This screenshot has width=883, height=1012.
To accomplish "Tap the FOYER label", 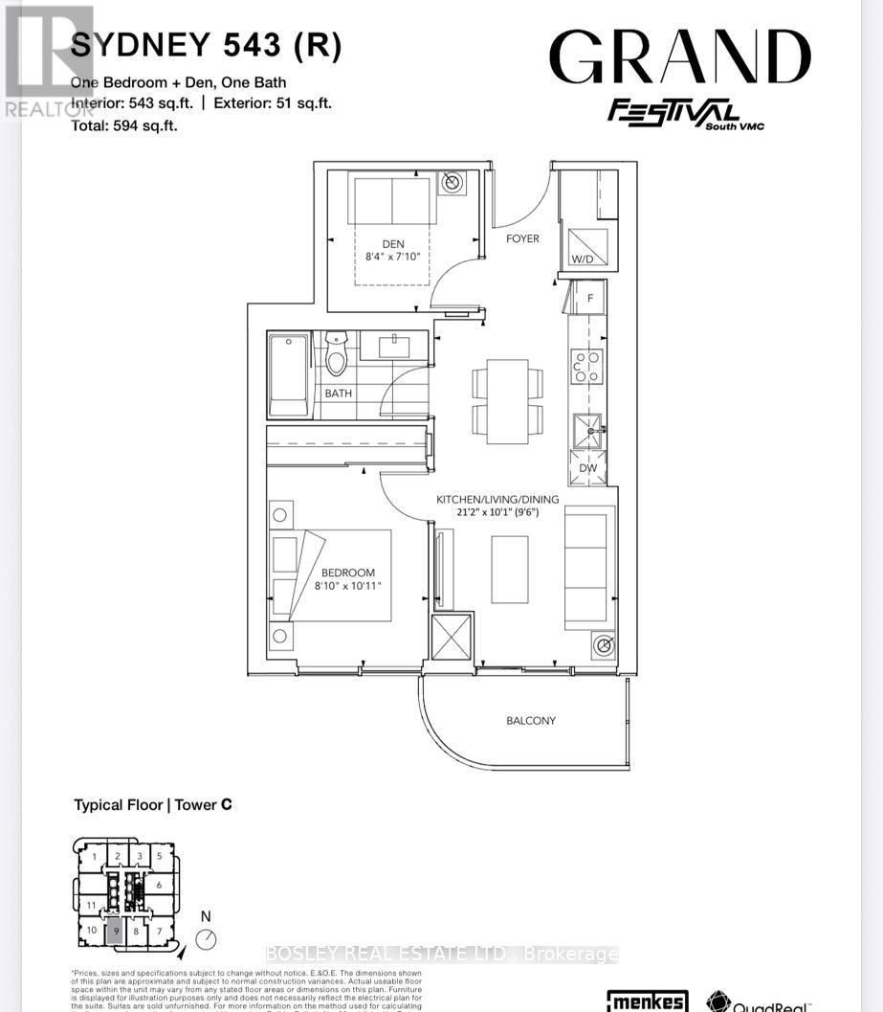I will click(x=522, y=238).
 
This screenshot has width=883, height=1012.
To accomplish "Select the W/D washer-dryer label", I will click(x=582, y=259).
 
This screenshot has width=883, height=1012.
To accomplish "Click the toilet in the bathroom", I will click(x=336, y=355).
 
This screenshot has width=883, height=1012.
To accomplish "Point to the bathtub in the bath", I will click(x=288, y=375).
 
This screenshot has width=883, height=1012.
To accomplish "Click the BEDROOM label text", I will click(x=347, y=573).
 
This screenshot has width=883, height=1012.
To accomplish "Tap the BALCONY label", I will click(x=531, y=720).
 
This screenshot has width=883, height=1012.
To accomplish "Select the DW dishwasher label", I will click(x=588, y=468).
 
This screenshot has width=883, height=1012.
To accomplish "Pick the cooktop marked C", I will click(x=586, y=366).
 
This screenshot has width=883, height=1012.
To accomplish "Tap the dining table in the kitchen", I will click(x=507, y=401).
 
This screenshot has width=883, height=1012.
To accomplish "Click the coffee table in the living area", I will click(x=510, y=569).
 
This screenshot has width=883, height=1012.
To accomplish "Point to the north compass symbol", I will click(x=206, y=938).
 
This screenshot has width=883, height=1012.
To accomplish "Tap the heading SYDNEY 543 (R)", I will click(x=206, y=45).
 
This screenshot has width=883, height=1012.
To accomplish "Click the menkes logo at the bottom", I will click(x=648, y=1001).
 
